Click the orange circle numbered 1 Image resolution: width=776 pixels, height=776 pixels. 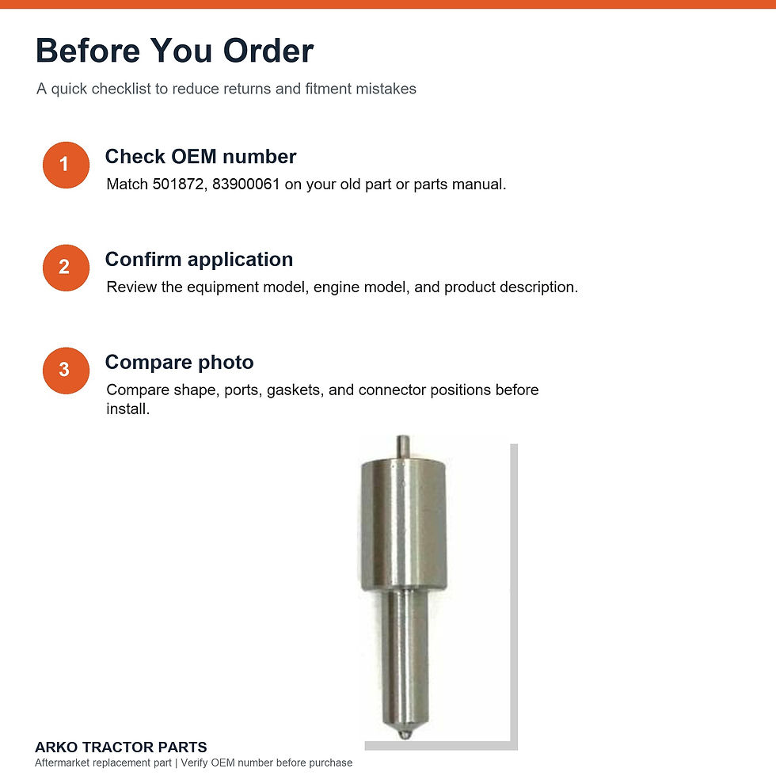coord(66,165)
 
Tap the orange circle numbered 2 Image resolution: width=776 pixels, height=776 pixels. coord(66,268)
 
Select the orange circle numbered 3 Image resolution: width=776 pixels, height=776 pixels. coord(66,371)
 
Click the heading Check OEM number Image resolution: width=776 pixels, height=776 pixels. coord(200,157)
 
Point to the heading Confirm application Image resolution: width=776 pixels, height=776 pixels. coord(199,260)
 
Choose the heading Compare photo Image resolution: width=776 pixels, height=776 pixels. coord(179,363)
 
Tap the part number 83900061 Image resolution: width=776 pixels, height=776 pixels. coord(246,184)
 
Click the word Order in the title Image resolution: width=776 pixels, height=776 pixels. coord(268,51)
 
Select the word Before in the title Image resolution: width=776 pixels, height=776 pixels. coord(88,51)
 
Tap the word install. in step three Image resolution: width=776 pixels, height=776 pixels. coord(127,409)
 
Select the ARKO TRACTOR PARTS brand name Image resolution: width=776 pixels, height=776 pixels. coord(120,747)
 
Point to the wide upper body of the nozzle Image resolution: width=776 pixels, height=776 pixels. coord(403,524)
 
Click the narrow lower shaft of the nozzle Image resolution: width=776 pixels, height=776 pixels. coord(405,658)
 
